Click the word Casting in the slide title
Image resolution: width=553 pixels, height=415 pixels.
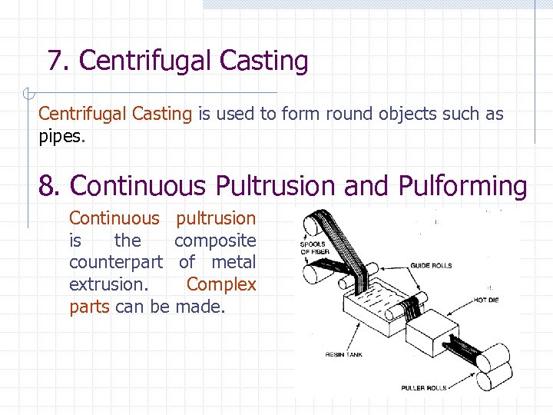[263, 61]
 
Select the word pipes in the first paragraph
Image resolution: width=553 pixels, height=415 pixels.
[61, 138]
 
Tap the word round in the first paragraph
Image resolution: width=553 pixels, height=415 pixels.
[347, 115]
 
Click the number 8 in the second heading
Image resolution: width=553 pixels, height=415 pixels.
[48, 186]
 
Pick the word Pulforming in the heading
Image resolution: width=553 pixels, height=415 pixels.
[462, 186]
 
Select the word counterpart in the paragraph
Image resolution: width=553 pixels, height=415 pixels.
[115, 263]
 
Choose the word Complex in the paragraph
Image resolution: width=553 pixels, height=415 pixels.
[221, 284]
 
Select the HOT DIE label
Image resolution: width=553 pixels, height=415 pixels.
[486, 300]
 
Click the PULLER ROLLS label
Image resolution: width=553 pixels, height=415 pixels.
[424, 388]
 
